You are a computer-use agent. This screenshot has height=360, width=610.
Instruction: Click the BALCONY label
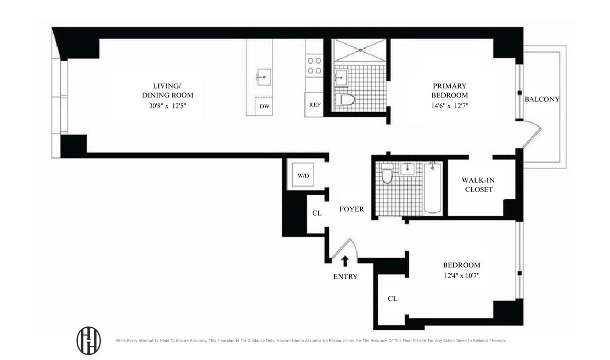(542, 99)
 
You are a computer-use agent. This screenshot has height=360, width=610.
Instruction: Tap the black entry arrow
(345, 260)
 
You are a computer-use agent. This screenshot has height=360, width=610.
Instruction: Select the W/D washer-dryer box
(303, 175)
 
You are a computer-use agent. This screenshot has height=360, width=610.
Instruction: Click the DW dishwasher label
(264, 106)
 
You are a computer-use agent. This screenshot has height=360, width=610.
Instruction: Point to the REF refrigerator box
(314, 105)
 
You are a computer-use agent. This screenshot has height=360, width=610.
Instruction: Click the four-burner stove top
(314, 65)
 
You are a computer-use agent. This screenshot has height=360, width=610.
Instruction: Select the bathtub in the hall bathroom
(433, 187)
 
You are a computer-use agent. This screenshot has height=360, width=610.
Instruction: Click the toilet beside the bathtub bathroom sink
(387, 175)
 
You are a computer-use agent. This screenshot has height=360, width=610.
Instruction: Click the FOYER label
(352, 209)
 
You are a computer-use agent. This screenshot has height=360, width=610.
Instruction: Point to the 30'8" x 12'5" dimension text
(166, 106)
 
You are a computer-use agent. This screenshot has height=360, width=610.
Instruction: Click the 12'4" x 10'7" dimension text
(461, 275)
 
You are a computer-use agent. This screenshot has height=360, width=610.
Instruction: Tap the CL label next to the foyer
(317, 213)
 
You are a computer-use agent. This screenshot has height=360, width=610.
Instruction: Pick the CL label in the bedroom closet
(392, 298)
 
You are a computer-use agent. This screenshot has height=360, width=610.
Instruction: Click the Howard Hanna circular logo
(88, 340)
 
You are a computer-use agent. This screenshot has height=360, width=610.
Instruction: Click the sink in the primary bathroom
(342, 78)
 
